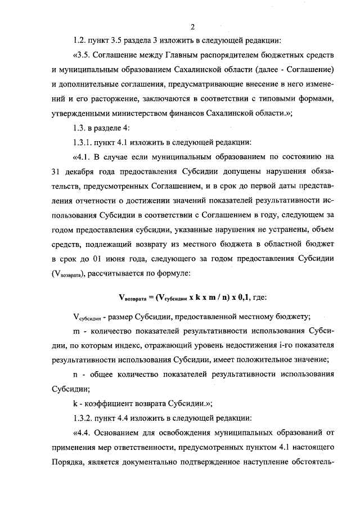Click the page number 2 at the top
pos(192,26)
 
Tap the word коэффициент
pos(110,403)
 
